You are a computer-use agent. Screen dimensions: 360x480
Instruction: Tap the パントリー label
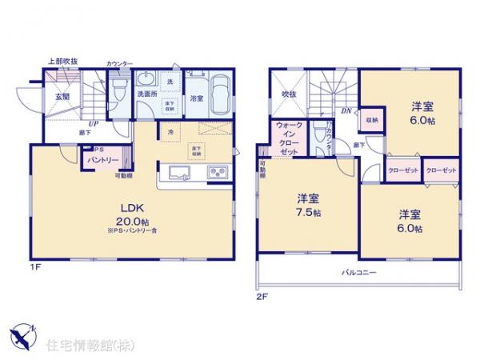(x=102, y=160)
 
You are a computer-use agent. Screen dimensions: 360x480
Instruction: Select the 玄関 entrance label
(x=62, y=97)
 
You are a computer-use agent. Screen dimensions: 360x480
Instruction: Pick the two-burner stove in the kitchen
(x=217, y=172)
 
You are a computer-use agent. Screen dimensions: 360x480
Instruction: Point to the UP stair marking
(x=94, y=124)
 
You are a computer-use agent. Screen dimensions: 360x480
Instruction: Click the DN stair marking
(x=346, y=111)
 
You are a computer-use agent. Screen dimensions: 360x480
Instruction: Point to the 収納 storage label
(x=373, y=120)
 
